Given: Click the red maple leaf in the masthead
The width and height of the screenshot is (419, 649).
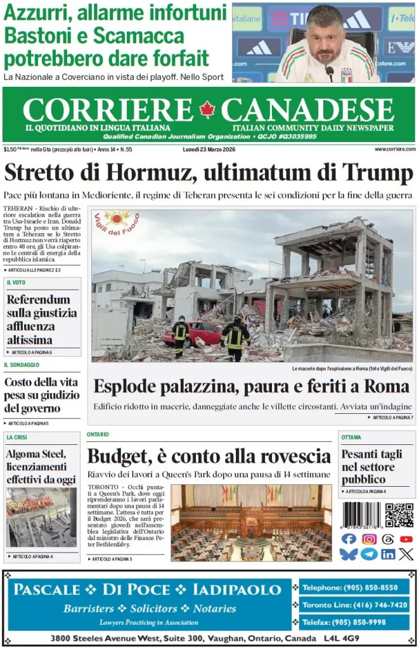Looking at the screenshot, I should [207, 110].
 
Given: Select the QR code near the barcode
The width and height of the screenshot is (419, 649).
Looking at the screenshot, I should [399, 515].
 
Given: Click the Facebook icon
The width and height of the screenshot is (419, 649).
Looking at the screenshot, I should [349, 539].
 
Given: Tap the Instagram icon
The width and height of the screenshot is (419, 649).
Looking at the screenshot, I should [369, 539].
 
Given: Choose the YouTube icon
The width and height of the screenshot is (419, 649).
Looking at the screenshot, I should [406, 539].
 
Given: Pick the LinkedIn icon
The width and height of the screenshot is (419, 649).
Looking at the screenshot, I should [388, 554].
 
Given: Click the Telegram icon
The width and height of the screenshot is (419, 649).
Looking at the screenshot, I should [369, 554].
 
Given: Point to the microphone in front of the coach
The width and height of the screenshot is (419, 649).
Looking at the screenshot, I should [330, 72].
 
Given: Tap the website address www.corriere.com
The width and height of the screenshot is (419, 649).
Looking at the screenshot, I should [394, 150].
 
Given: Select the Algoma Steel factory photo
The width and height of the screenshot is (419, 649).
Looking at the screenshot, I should [42, 518].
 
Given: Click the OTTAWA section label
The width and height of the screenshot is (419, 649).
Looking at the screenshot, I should [351, 437].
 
